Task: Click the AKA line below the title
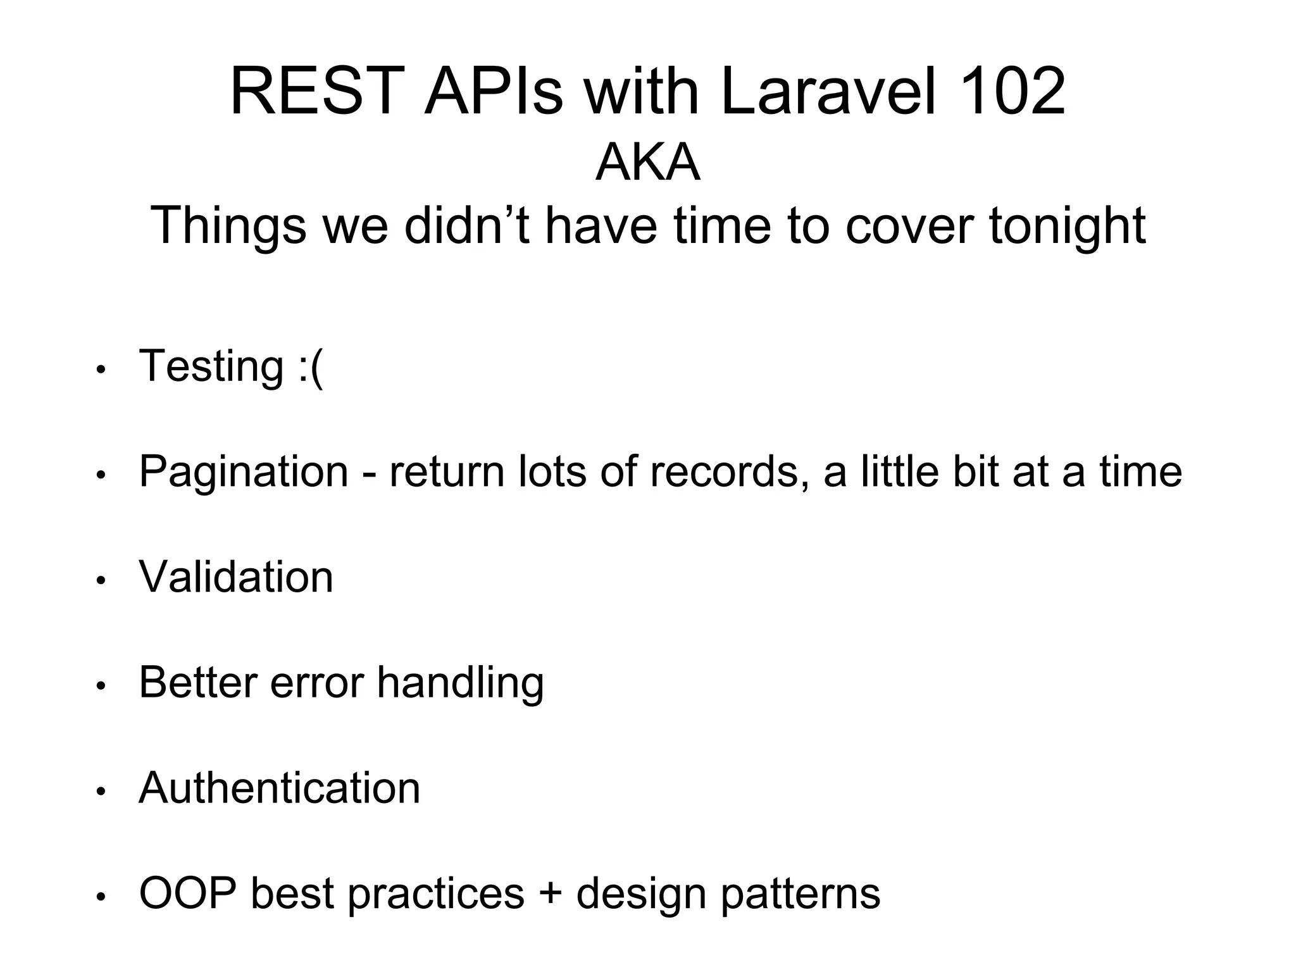tap(647, 163)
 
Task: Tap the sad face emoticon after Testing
tap(310, 367)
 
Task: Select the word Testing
tap(211, 367)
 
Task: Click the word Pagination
tap(244, 473)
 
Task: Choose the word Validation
tap(235, 577)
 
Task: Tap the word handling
tap(460, 683)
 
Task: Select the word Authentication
tap(279, 788)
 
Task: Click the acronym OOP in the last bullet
tap(188, 894)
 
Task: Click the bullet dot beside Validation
tap(101, 580)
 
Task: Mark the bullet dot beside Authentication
tap(101, 791)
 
